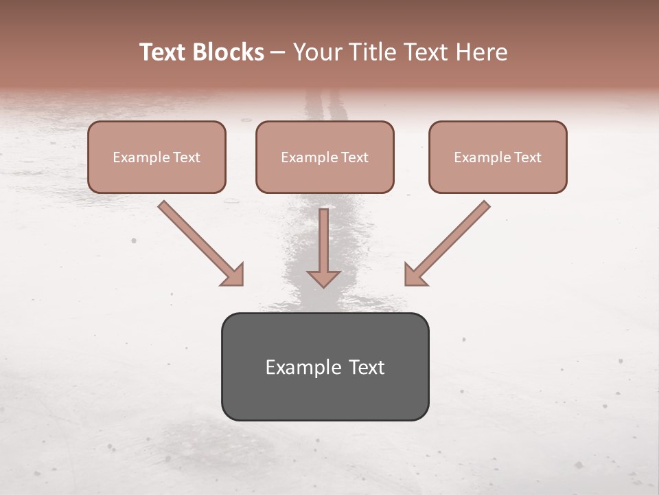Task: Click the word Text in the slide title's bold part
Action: (x=162, y=52)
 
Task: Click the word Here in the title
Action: (x=483, y=52)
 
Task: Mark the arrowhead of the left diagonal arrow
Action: (x=233, y=275)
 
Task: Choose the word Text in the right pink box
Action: (x=527, y=157)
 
